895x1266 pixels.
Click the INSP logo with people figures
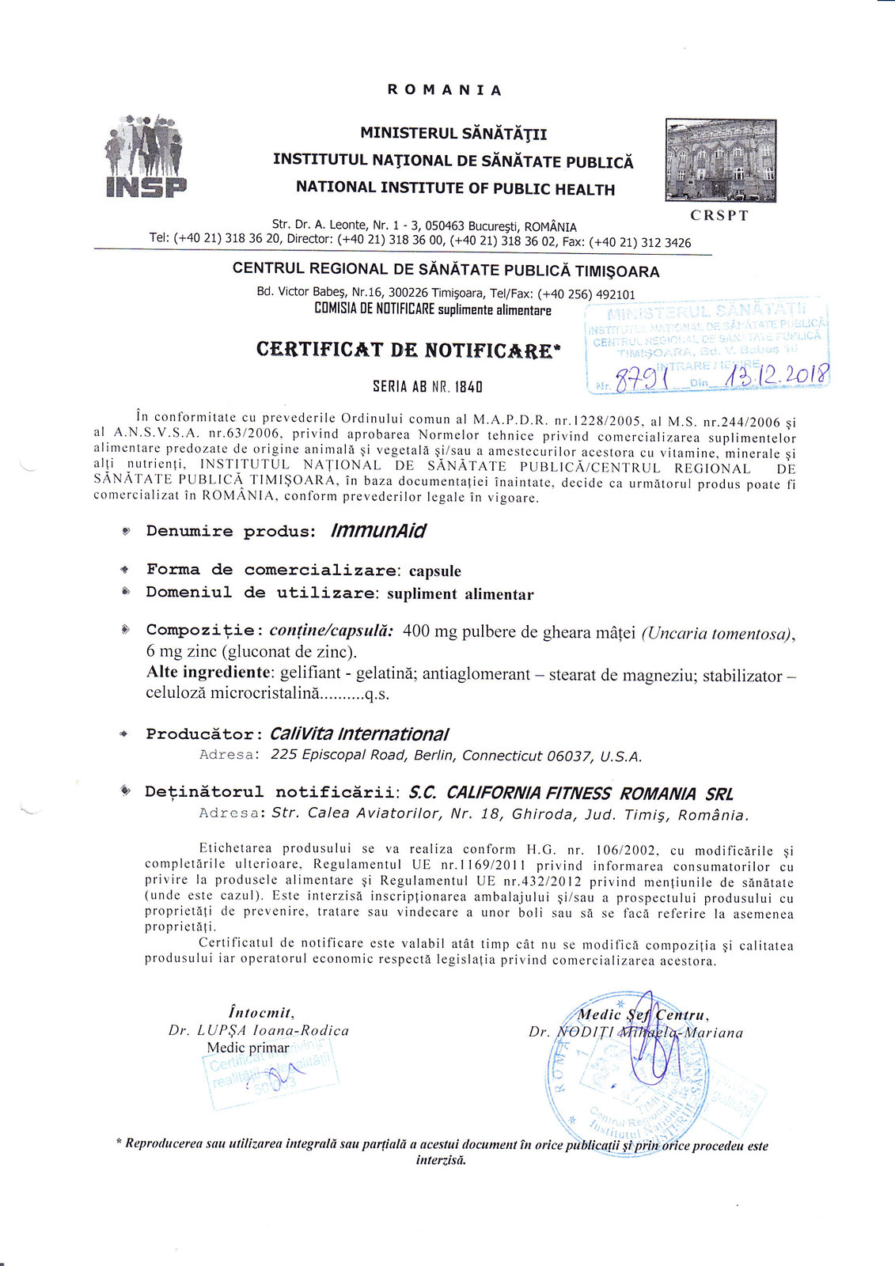pyautogui.click(x=146, y=156)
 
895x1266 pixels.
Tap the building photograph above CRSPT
pyautogui.click(x=720, y=161)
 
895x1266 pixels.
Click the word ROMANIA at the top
pyautogui.click(x=445, y=90)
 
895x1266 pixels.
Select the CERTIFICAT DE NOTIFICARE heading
pyautogui.click(x=408, y=350)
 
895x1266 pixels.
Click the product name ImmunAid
pyautogui.click(x=377, y=531)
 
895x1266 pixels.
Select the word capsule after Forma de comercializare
pyautogui.click(x=434, y=571)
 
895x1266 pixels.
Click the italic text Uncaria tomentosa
pyautogui.click(x=717, y=634)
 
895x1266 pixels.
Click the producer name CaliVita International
pyautogui.click(x=359, y=734)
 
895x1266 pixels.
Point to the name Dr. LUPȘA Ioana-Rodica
pyautogui.click(x=258, y=1031)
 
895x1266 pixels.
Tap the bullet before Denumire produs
pyautogui.click(x=126, y=531)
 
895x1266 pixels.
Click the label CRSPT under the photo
pyautogui.click(x=719, y=215)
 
